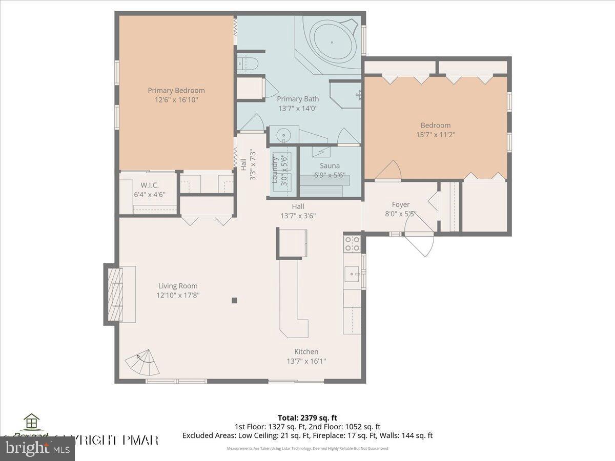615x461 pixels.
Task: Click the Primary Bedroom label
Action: pos(176,91)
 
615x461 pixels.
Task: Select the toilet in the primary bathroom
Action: pos(248,64)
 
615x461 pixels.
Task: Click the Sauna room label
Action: pos(330,165)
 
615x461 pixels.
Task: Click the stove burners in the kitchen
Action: pos(352,243)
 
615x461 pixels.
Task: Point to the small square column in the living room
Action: pos(234,301)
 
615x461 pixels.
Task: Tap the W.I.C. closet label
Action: pos(149,184)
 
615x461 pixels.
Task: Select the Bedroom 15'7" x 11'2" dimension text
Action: pos(435,135)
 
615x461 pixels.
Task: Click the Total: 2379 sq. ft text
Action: pos(307,417)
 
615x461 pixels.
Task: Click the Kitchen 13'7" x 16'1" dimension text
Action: pos(306,361)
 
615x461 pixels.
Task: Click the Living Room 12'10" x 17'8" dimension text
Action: pos(177,295)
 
